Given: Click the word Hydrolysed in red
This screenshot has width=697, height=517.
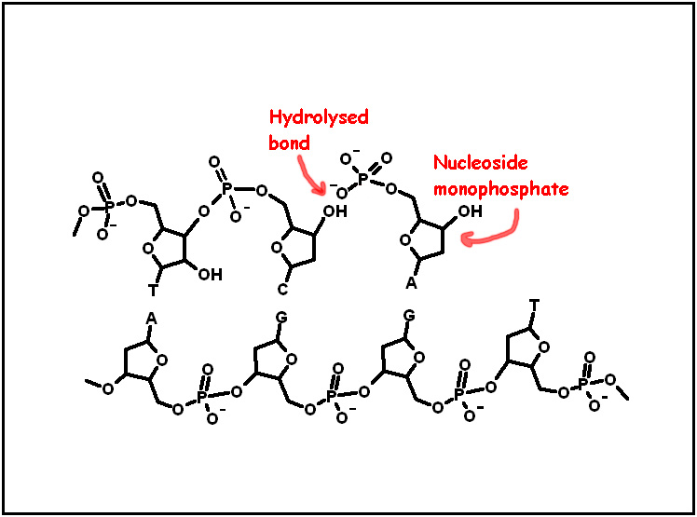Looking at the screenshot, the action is tap(319, 117).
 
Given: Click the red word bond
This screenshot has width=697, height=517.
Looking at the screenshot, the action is tap(289, 143).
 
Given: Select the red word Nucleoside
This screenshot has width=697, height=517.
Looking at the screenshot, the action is tap(481, 163).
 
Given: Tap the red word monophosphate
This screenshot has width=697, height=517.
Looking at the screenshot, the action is tap(501, 189).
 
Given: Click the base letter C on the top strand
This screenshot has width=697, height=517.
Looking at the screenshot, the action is tap(282, 290).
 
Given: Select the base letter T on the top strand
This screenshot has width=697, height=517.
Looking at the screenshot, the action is tap(153, 291).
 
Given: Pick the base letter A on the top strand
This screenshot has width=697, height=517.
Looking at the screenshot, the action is tap(411, 283).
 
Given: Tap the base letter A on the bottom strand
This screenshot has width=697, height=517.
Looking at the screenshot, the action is tap(151, 319).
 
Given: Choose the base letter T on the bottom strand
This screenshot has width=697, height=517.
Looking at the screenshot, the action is tap(534, 306).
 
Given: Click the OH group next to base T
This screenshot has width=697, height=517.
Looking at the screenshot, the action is tap(211, 275).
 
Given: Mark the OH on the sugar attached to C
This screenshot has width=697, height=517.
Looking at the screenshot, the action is tap(335, 211).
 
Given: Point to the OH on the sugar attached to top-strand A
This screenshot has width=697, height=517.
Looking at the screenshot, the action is tap(471, 211).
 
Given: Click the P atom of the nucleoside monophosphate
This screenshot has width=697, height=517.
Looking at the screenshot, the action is tap(363, 180).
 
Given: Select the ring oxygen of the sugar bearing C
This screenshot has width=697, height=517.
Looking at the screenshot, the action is tap(277, 248).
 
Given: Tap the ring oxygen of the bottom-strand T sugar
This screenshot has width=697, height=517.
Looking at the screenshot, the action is tap(544, 347).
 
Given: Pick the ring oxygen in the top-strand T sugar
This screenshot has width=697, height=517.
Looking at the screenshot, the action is tap(148, 248).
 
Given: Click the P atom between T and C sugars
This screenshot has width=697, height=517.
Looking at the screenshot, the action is tap(226, 188).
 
